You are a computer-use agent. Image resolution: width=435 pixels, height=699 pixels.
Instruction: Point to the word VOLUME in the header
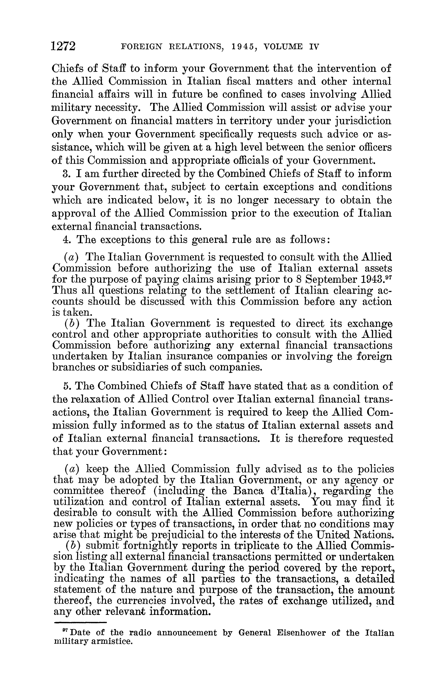coord(284,47)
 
